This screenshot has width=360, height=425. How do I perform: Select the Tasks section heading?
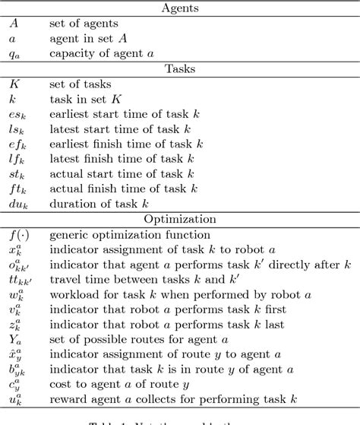click(x=180, y=68)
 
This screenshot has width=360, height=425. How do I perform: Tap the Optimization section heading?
click(x=180, y=218)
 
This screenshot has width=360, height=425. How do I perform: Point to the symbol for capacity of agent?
click(x=14, y=53)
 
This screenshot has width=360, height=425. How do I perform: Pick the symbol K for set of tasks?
click(x=14, y=84)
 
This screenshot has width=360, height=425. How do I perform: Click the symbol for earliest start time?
click(x=16, y=114)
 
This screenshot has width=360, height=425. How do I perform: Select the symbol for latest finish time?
click(x=15, y=158)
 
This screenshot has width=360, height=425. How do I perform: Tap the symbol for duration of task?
click(x=17, y=204)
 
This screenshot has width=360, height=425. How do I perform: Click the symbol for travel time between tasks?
click(x=19, y=279)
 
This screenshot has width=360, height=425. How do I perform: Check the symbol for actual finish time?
click(x=15, y=189)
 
